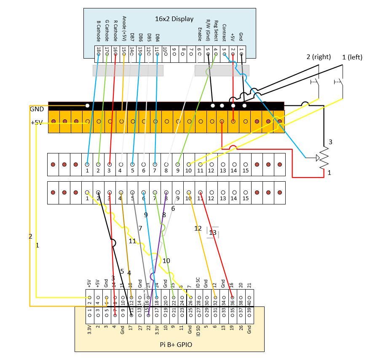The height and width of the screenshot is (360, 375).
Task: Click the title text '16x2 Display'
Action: [x=174, y=19]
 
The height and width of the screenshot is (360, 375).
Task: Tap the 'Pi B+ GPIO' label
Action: [x=176, y=344]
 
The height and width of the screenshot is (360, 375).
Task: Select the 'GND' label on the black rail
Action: [x=37, y=109]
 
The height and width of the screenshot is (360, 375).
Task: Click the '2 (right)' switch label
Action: [x=319, y=57]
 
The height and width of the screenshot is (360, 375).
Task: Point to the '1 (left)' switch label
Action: [x=352, y=57]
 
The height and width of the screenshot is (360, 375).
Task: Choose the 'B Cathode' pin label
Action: [x=99, y=31]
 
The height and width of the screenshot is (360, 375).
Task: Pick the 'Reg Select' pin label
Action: [x=216, y=30]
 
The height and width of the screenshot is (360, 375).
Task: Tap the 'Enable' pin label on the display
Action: [x=199, y=34]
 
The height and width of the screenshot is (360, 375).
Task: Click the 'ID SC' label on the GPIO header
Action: [x=198, y=282]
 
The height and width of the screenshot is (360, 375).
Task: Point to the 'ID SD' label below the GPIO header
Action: [x=198, y=331]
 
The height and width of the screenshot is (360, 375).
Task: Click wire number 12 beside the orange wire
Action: [x=198, y=228]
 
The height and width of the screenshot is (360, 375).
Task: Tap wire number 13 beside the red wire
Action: [x=213, y=232]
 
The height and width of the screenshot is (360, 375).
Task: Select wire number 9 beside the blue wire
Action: [x=146, y=215]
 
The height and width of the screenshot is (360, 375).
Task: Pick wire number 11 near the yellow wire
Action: [x=132, y=241]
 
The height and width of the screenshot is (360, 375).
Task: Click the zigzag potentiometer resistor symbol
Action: [x=324, y=159]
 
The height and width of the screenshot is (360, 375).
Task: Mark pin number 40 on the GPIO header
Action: [x=249, y=302]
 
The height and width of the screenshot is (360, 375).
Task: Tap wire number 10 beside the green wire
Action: [x=166, y=261]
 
